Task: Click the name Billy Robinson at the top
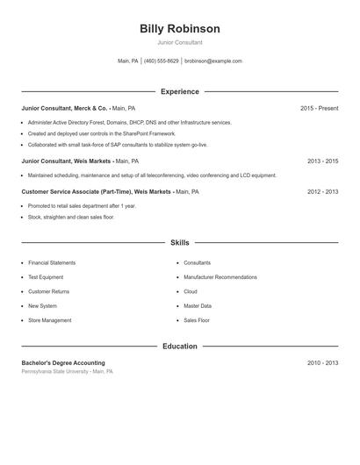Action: click(x=179, y=29)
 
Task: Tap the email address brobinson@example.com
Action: click(x=213, y=61)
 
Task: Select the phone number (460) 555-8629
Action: click(x=161, y=61)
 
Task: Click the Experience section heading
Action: click(x=179, y=91)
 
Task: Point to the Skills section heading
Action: click(x=179, y=242)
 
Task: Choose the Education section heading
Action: click(x=179, y=347)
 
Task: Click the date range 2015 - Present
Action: click(x=319, y=108)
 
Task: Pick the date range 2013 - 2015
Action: click(x=322, y=161)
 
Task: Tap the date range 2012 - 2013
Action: click(x=322, y=191)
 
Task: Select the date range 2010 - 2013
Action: click(x=322, y=362)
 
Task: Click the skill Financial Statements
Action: click(x=52, y=262)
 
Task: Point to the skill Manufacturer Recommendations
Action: click(x=220, y=277)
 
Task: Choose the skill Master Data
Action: click(x=198, y=306)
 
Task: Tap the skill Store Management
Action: click(x=50, y=320)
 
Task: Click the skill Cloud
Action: click(x=191, y=291)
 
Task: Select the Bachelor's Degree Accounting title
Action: click(x=63, y=362)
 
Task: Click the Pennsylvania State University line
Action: click(x=68, y=372)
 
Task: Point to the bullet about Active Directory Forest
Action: click(x=130, y=123)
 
